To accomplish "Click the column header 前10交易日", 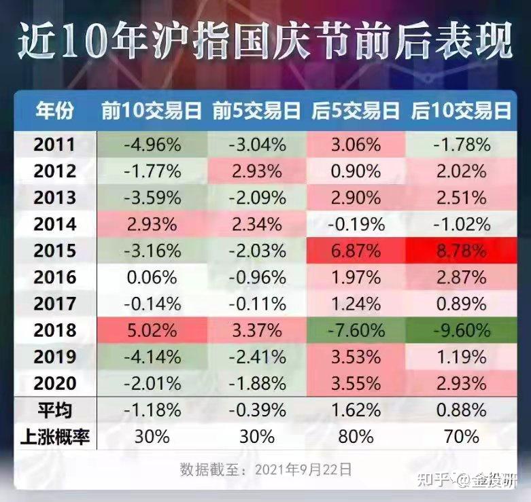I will [x=152, y=111].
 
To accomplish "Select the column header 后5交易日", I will [x=355, y=111].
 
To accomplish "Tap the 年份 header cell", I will [x=55, y=111].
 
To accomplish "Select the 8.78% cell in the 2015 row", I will [x=461, y=251].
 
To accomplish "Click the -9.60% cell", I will [x=461, y=330].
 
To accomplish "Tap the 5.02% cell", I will [x=152, y=330].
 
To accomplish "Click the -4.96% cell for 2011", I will [x=152, y=145].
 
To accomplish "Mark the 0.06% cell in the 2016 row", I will [x=152, y=277].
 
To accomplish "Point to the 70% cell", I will [x=461, y=436].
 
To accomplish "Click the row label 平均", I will [x=55, y=410].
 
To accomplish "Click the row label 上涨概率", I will [x=55, y=436].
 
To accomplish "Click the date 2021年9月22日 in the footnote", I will [x=303, y=469].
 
